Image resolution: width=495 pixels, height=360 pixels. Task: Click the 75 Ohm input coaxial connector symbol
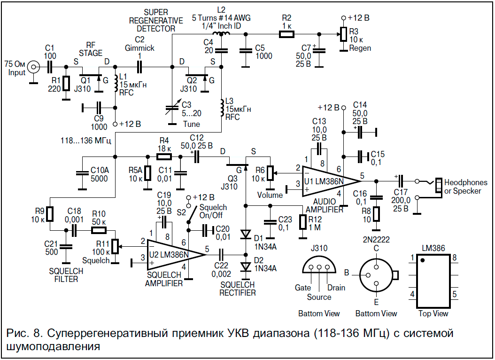(x=33, y=67)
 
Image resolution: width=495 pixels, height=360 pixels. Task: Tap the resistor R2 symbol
(x=286, y=34)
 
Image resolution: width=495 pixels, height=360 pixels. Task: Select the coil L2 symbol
(x=221, y=34)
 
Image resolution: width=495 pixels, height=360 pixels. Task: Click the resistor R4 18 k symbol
(x=164, y=157)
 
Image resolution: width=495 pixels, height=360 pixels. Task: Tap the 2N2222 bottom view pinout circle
(x=376, y=274)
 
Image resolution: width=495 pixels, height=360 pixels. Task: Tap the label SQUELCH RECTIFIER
(x=237, y=289)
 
